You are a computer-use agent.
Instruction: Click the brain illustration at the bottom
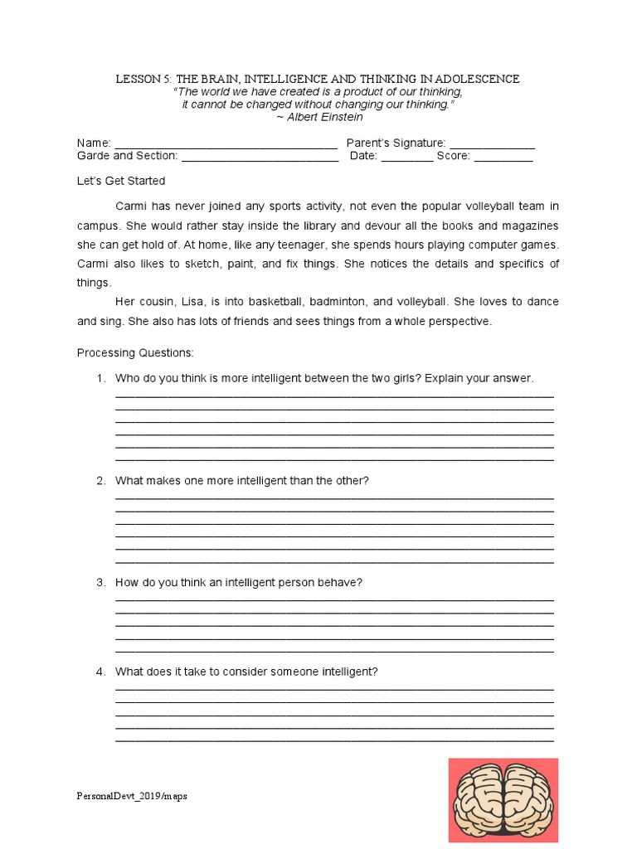(x=503, y=799)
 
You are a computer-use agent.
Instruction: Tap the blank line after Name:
(x=226, y=144)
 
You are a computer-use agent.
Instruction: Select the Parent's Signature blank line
(x=492, y=144)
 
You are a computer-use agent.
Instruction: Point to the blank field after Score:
(x=503, y=157)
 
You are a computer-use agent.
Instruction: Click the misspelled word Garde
(x=93, y=156)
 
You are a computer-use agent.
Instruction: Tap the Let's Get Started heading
(x=121, y=181)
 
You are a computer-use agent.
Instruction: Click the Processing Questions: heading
(x=135, y=353)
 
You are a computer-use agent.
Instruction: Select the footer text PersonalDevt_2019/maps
(x=133, y=797)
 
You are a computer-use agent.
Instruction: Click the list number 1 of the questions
(x=100, y=378)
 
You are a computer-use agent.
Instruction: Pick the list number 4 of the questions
(x=100, y=672)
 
